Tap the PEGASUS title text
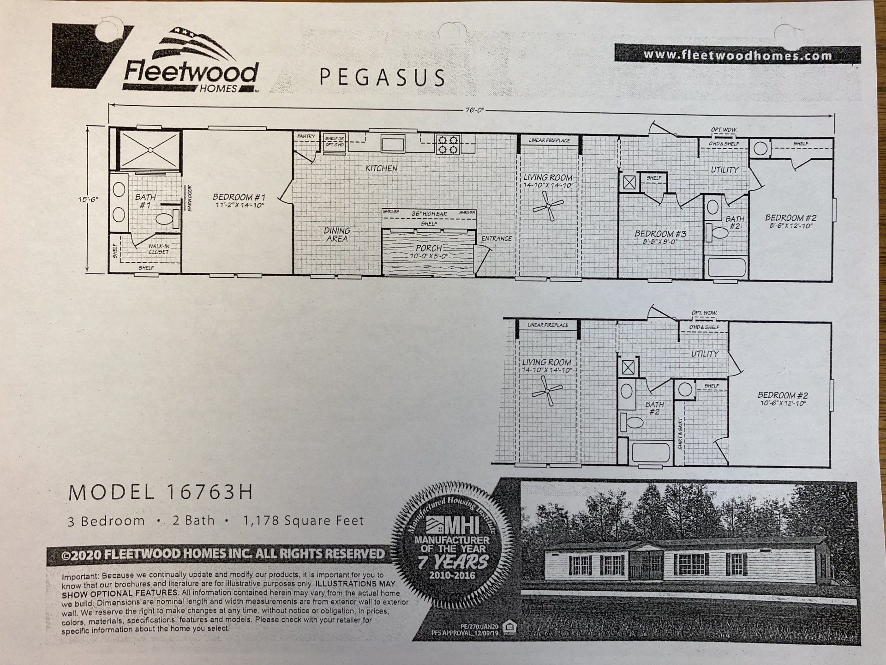point(382,77)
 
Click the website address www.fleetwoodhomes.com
point(737,55)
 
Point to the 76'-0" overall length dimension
point(475,110)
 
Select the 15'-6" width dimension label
point(88,199)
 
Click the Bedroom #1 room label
point(239,201)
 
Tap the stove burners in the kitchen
point(448,145)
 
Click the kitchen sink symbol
point(393,144)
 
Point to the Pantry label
point(306,136)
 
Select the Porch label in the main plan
point(429,252)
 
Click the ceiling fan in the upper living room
point(548,206)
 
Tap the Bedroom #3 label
point(660,237)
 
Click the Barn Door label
point(189,198)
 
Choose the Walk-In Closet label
point(158,249)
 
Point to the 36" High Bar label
point(429,214)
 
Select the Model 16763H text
point(161,493)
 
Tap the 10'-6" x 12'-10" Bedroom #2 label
point(783,399)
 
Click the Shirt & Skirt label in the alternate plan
point(680,434)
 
